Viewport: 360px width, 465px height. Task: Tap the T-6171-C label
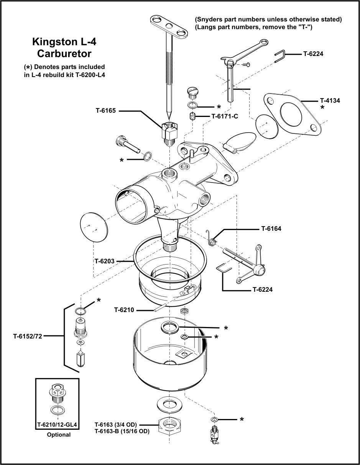pos(225,116)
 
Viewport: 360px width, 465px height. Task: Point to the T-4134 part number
pos(330,101)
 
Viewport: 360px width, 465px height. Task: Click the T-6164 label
pos(271,229)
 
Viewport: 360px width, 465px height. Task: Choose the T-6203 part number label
pos(105,261)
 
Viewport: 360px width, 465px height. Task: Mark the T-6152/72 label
pos(27,337)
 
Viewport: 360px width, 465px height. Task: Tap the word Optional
pos(59,435)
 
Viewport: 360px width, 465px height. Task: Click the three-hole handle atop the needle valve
pos(169,26)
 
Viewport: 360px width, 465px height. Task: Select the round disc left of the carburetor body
pos(94,228)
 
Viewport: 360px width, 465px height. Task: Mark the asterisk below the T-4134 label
pos(323,108)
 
